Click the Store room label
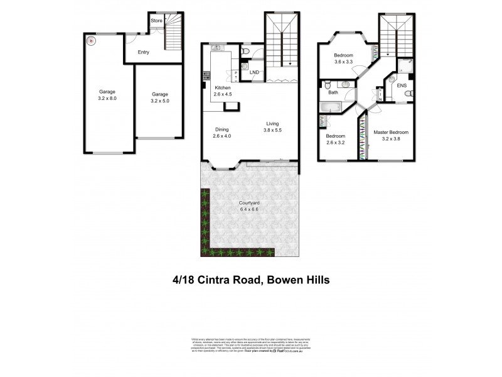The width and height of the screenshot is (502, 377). (156, 21)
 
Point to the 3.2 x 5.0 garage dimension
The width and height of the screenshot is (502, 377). (161, 100)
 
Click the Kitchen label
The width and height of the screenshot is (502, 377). (223, 87)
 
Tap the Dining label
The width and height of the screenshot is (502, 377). (222, 129)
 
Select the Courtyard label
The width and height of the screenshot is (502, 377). (250, 202)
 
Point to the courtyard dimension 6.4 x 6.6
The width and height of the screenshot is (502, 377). (250, 209)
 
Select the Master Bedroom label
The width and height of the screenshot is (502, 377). (391, 133)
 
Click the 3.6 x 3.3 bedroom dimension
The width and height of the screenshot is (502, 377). (344, 62)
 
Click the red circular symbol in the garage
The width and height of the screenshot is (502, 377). (90, 42)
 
